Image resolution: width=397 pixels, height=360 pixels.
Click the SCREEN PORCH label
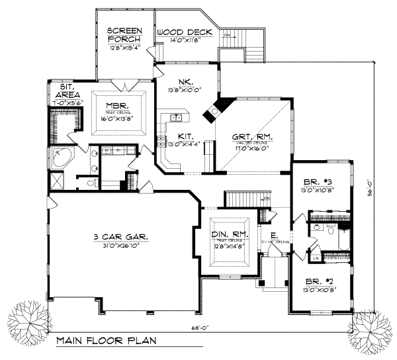click(x=122, y=34)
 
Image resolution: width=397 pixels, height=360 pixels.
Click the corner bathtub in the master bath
click(x=62, y=159)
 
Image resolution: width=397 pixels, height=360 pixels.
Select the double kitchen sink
click(x=176, y=118)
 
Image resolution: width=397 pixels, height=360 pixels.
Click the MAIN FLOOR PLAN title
click(x=107, y=342)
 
